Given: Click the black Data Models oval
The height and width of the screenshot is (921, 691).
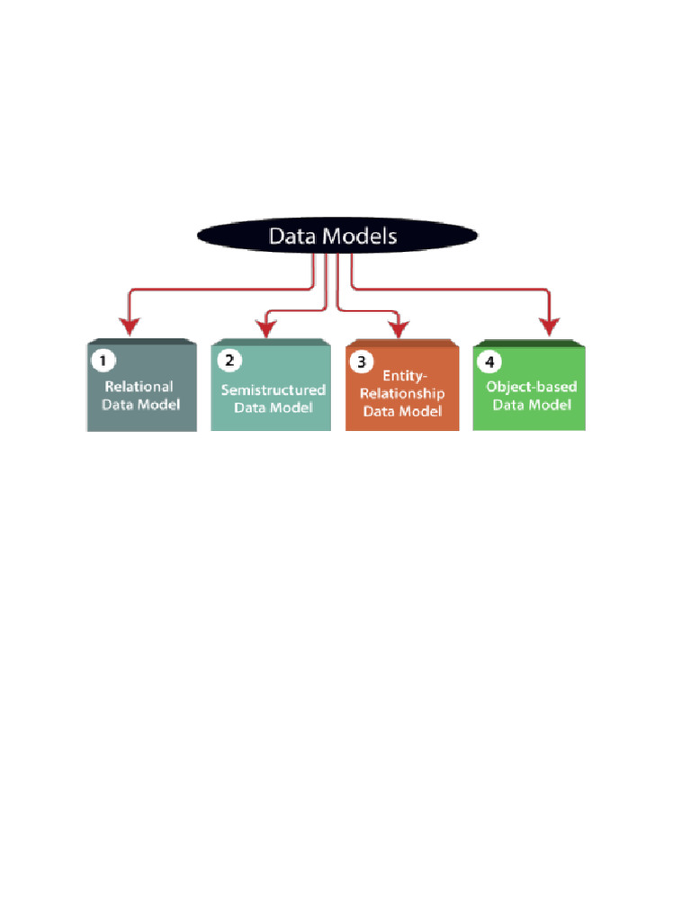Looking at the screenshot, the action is [337, 236].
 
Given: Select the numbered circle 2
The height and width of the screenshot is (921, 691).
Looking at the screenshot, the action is [229, 360].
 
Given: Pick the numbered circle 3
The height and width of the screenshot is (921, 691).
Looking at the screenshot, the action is [362, 362].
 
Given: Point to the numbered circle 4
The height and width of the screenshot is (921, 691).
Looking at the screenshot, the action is [489, 362].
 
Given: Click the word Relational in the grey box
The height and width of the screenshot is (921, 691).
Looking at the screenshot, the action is [139, 387].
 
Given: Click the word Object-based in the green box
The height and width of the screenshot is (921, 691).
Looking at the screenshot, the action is [532, 387].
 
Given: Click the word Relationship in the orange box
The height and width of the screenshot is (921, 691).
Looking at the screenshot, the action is [402, 394].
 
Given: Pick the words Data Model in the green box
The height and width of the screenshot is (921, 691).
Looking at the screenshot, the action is [532, 405].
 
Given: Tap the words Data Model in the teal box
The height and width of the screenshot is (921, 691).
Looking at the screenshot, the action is [274, 407].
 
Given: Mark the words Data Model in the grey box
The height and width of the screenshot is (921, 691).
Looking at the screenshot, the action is [140, 404].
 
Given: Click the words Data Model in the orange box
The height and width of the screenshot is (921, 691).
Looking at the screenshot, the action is [402, 411].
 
